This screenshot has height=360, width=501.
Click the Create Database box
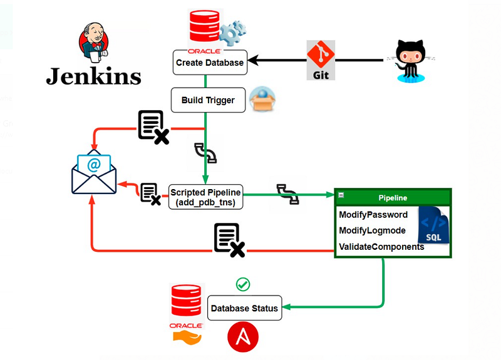coord(209,63)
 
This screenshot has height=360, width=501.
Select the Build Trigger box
coord(209,100)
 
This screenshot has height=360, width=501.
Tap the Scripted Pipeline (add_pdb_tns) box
coord(206,197)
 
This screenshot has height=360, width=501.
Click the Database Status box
coord(244,308)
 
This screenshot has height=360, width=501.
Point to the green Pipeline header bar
coord(393,198)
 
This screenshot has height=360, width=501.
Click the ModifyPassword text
coord(373,215)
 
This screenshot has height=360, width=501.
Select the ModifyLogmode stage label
coord(372,230)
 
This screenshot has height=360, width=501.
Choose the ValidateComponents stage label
coord(381,247)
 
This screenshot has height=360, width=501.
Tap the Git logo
coord(321,60)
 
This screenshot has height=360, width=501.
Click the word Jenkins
coord(93,76)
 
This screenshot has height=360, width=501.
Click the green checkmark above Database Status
coord(243,284)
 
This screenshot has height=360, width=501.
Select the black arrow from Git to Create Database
coord(276,61)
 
